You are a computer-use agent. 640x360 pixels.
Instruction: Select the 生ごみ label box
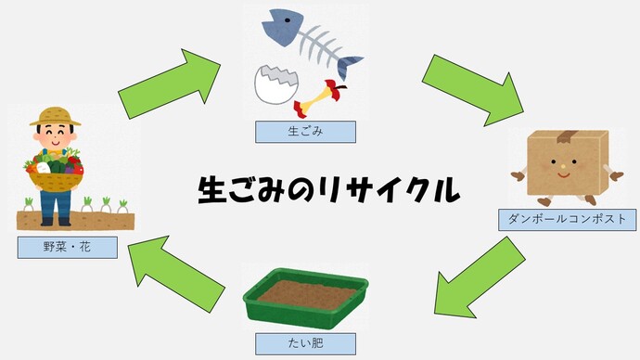(x=305, y=131)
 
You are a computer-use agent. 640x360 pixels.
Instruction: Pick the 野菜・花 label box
(x=67, y=247)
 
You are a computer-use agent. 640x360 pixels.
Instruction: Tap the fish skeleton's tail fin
(x=352, y=64)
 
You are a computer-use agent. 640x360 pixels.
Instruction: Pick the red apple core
(x=325, y=93)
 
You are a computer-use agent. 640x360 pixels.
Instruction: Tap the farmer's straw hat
(x=54, y=116)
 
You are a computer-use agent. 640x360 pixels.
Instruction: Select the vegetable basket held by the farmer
(x=54, y=176)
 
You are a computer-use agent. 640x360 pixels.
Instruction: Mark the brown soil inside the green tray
(x=305, y=292)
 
